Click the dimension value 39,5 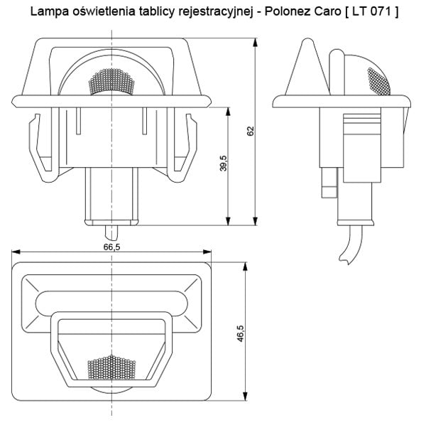pyautogui.click(x=222, y=163)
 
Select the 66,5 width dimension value pyautogui.click(x=111, y=247)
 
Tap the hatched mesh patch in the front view pyautogui.click(x=112, y=83)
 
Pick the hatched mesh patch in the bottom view pyautogui.click(x=111, y=367)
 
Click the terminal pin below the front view pyautogui.click(x=111, y=232)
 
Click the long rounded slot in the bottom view pyautogui.click(x=111, y=302)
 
